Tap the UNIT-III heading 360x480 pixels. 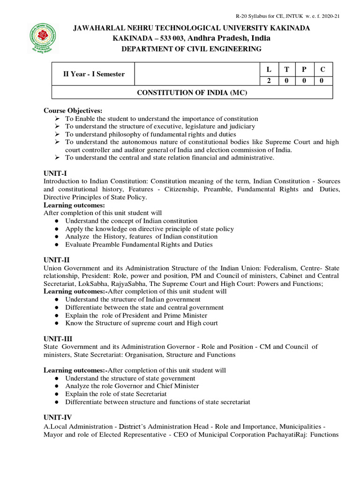click(x=58, y=339)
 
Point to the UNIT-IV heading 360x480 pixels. click(x=58, y=418)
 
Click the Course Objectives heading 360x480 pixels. click(x=73, y=111)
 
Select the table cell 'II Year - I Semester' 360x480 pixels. click(x=94, y=74)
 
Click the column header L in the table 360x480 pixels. click(x=269, y=69)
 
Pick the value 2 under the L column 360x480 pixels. click(x=269, y=81)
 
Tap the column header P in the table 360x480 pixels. click(x=304, y=69)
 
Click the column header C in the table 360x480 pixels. click(x=322, y=69)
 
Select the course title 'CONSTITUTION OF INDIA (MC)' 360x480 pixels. click(x=191, y=93)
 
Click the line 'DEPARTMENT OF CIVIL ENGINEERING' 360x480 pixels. click(x=191, y=49)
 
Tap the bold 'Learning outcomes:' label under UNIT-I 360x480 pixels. click(x=74, y=205)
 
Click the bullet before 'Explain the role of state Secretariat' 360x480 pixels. click(x=56, y=394)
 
